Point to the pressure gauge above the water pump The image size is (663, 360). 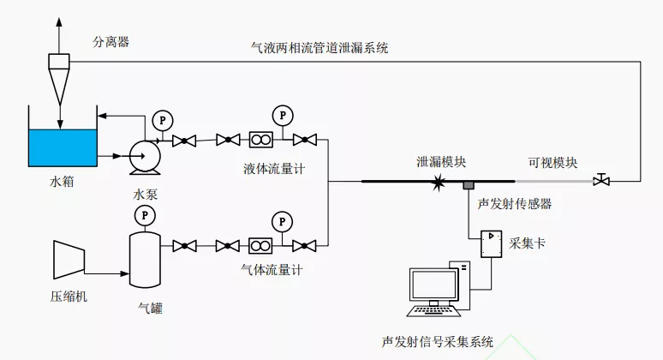(159, 119)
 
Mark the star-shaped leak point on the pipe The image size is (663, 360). (439, 181)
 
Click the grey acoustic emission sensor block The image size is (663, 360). (469, 185)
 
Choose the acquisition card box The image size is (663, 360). (491, 243)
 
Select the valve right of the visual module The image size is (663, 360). (602, 180)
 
